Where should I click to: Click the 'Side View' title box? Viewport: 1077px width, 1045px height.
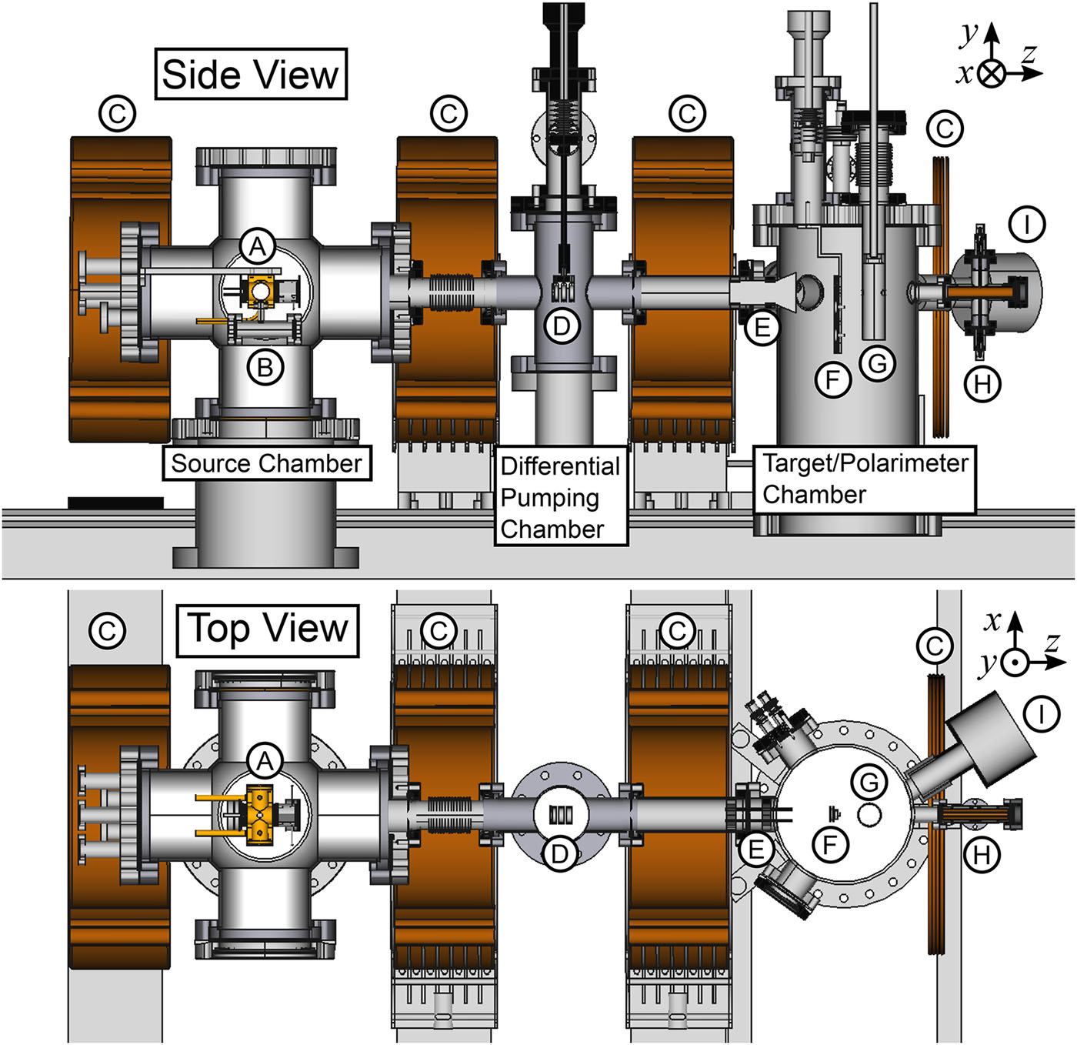click(251, 75)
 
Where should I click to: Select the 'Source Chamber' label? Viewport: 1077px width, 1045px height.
click(266, 463)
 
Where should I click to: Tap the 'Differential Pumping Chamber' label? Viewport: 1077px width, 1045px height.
click(560, 497)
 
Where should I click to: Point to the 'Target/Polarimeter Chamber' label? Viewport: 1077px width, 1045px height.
click(865, 479)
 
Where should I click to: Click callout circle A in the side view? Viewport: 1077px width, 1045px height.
click(258, 248)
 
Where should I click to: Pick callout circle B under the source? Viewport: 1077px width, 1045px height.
click(265, 368)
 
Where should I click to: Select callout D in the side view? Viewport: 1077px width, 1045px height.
click(562, 326)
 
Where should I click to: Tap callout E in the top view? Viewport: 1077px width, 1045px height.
click(757, 850)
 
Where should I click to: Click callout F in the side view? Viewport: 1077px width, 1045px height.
click(832, 379)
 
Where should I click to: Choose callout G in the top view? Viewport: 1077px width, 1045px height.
click(869, 783)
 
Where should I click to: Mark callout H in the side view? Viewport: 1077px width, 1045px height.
click(982, 384)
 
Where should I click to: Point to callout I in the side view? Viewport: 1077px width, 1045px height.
click(1027, 225)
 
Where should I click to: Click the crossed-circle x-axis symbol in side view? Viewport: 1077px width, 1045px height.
click(992, 74)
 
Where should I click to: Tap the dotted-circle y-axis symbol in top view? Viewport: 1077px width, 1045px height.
click(1015, 661)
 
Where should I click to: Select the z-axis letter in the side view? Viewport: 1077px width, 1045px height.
click(1029, 53)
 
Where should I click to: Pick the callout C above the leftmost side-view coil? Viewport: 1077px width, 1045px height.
click(118, 114)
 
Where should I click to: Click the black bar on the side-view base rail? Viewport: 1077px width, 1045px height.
click(115, 503)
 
